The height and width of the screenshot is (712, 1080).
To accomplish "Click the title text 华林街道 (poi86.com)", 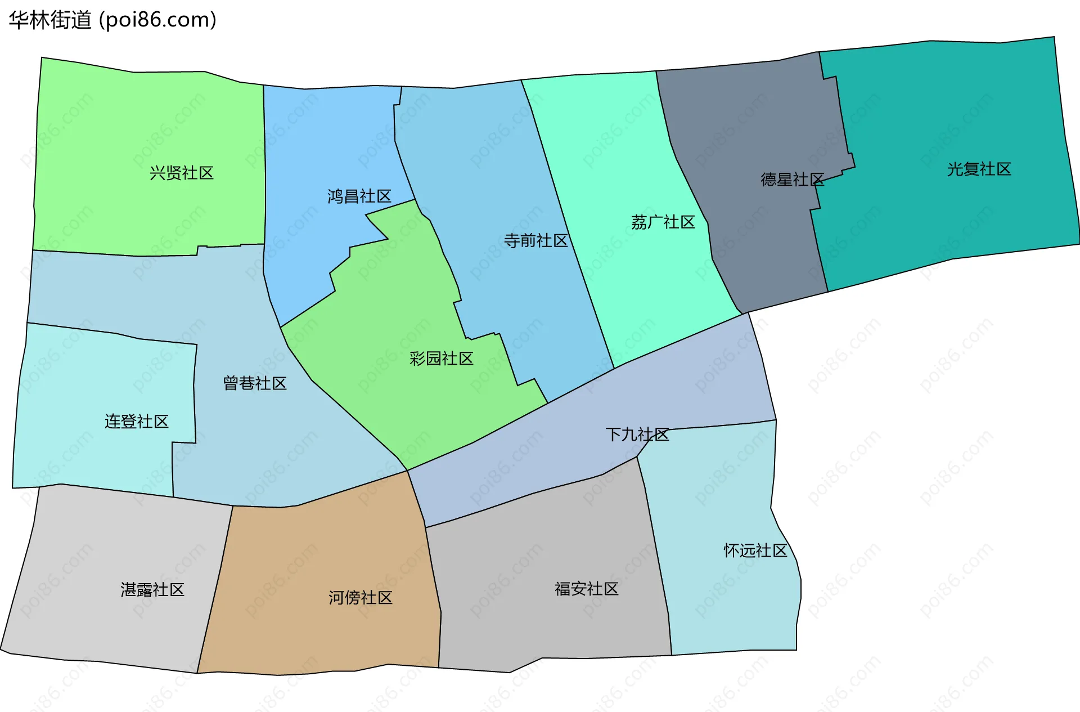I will [x=112, y=20].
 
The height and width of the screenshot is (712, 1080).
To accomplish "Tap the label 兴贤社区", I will [x=181, y=173].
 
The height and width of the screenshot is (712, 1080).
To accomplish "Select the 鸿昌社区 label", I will [x=359, y=196].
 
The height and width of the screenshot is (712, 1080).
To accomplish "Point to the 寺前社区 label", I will [x=535, y=241].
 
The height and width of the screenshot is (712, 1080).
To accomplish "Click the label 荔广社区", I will [x=663, y=222].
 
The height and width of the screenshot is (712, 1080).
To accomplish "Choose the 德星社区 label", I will [x=792, y=180].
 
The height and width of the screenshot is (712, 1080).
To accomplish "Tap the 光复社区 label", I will [x=979, y=169].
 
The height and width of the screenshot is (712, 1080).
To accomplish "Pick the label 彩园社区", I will [x=441, y=359].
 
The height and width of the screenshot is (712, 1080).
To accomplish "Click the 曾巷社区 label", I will [x=255, y=383].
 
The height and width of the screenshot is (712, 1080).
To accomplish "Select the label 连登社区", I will [x=136, y=422].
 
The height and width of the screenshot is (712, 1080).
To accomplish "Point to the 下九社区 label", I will [x=637, y=435].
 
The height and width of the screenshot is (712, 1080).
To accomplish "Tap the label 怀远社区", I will [x=755, y=550].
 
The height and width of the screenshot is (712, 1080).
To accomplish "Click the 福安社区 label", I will [x=586, y=589].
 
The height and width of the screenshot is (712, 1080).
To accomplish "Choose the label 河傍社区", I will [x=360, y=598].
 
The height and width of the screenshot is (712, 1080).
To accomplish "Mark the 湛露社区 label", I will [x=152, y=590].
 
